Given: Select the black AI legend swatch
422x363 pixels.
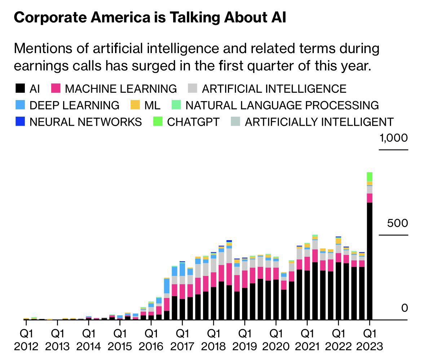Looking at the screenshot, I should coord(20,88).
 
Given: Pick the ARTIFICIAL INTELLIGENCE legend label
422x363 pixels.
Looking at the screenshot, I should coord(274,88).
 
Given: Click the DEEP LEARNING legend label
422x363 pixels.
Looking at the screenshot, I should coord(74,105).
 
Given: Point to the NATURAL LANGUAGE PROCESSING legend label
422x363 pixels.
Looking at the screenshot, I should coord(282,105).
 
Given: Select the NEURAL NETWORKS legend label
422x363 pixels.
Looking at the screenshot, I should coord(85,122).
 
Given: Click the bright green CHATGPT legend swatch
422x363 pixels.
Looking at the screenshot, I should coord(158,122).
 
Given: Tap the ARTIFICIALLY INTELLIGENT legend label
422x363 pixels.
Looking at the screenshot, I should coord(319,122).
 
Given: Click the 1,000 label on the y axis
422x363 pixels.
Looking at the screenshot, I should coord(394,138).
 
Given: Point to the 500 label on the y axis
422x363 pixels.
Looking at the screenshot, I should coord(397,223).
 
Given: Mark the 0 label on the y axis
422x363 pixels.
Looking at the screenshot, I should coord(404,308).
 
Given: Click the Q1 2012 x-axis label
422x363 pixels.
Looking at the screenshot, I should coord(26,339).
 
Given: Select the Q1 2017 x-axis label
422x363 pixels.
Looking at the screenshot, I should coord(182,339).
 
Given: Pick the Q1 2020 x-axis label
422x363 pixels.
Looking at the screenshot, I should coord(276,339).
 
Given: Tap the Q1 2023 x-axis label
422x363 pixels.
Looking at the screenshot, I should coord(369,339).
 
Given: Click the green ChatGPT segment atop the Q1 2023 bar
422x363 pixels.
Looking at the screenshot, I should coord(369,177).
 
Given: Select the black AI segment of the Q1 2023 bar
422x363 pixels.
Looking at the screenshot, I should coord(369,260).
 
